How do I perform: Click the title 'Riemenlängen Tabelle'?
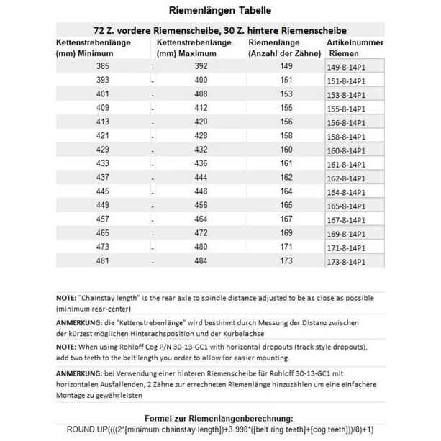tap(219, 11)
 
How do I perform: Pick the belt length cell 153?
tap(287, 94)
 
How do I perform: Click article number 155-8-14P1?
tap(347, 108)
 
